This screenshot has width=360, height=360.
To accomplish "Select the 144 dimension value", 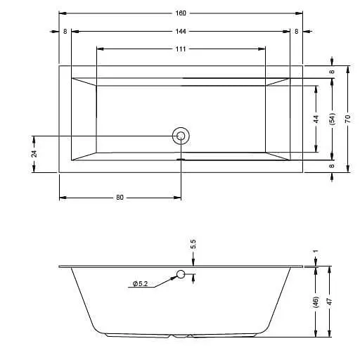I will point(181,31).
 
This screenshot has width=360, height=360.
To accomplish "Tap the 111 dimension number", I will point(181,49).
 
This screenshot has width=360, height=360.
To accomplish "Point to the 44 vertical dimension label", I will point(316,118).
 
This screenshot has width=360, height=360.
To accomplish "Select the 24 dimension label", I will point(34,153).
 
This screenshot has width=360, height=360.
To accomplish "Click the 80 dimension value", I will point(120,198).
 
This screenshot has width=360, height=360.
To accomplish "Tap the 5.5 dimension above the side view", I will point(193,245).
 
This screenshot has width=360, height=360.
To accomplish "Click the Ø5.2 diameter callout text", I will point(139,284).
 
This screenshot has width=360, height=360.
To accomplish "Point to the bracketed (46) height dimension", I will point(316,301).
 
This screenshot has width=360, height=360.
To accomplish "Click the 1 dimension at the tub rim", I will point(316,252).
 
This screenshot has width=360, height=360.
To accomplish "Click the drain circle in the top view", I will point(181,136).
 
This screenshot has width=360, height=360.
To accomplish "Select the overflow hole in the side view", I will point(181,274).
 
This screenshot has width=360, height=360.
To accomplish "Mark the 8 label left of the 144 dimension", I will point(65,31).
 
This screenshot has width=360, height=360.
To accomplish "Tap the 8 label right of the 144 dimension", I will point(296,31).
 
